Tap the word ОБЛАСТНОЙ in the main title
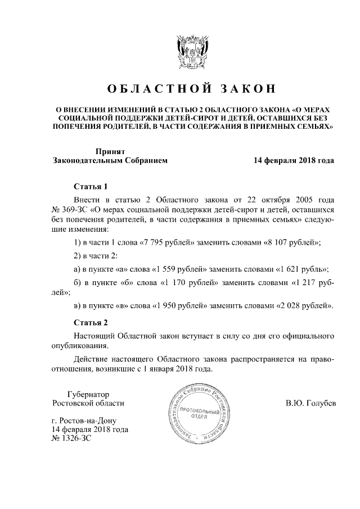point(154,89)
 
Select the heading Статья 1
point(91,187)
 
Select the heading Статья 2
point(91,322)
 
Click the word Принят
point(110,151)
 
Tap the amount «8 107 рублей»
point(291,242)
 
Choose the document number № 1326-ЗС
point(71,439)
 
